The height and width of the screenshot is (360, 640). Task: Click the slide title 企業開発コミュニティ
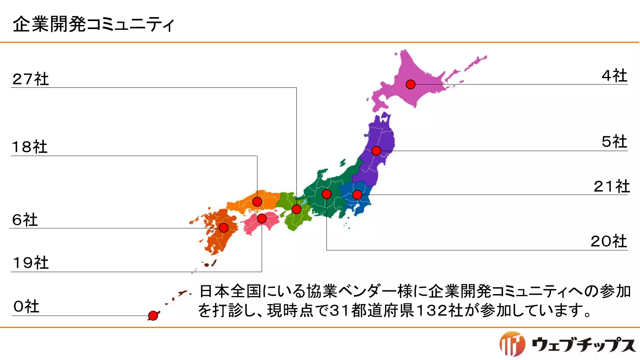click(93, 24)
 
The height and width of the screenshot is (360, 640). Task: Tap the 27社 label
click(31, 79)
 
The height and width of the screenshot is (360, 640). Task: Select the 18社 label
click(30, 147)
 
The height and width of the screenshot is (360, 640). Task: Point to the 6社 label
click(25, 220)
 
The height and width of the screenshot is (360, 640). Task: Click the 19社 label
click(31, 263)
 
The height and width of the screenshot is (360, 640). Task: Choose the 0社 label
click(26, 307)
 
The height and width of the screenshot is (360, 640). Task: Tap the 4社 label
click(614, 76)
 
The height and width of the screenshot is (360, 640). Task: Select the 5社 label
click(614, 142)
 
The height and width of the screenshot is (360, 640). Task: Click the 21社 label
click(612, 187)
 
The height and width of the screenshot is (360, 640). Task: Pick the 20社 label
click(609, 242)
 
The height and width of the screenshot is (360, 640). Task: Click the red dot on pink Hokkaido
click(410, 84)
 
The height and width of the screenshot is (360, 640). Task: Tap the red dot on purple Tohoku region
click(376, 151)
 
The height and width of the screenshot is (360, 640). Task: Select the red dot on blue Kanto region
click(357, 195)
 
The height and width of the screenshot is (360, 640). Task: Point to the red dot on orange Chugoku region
click(257, 202)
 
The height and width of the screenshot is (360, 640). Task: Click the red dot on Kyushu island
click(224, 228)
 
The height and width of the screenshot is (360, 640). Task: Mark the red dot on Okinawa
click(153, 316)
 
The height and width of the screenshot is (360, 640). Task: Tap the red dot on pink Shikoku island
click(262, 218)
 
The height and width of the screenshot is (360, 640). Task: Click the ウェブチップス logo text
click(584, 345)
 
